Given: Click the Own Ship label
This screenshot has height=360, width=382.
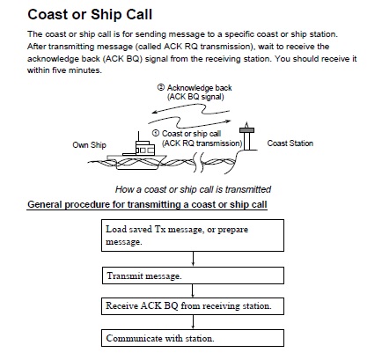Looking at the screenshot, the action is click(87, 143).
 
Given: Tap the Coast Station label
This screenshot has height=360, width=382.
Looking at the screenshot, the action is click(290, 143).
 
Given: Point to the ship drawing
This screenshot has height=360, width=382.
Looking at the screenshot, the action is click(136, 151).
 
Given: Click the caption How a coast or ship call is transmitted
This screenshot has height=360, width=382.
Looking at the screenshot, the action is click(193, 189).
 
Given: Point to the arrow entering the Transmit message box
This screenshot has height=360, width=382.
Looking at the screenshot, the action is click(189, 261).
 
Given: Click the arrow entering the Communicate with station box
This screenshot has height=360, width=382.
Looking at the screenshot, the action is click(189, 323).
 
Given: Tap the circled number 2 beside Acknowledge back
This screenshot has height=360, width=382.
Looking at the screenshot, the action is click(161, 87).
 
